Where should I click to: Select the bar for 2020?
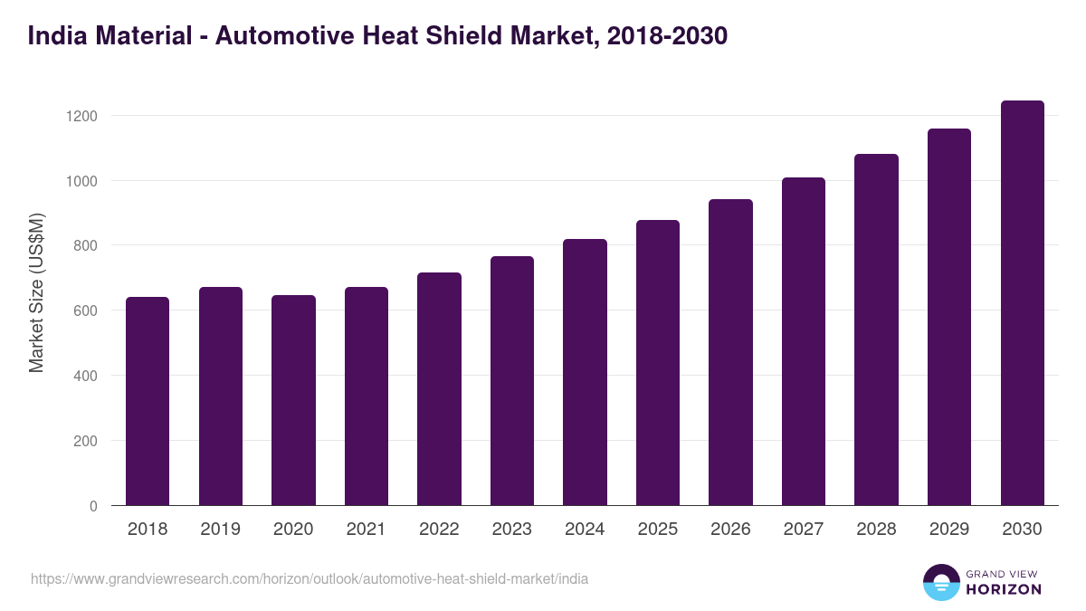293,400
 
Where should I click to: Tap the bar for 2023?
511,381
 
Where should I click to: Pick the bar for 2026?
730,352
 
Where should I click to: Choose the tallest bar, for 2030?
1022,303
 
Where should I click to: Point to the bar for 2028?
876,329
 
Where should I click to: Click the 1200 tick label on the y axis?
81,116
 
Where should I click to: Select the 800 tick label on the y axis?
85,246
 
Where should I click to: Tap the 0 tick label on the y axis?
93,506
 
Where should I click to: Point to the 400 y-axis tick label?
85,376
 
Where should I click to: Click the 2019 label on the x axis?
220,530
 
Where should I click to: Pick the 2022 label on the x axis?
439,530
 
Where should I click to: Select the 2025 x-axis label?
657,530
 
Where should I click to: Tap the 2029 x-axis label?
948,530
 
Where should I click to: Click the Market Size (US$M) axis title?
36,292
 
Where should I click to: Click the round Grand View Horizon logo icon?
941,582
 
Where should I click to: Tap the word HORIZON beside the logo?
1004,589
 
